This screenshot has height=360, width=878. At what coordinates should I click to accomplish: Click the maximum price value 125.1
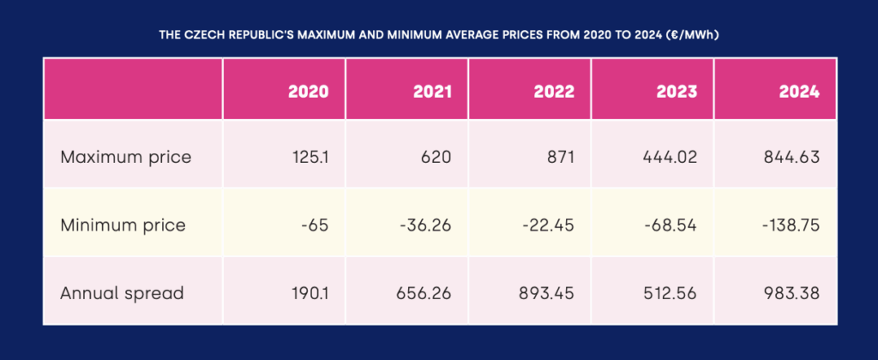(310, 158)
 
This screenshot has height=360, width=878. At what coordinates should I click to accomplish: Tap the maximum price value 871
(560, 158)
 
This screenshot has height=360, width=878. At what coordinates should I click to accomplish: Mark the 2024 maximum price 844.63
(794, 158)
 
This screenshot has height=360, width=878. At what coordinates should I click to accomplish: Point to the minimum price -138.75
(792, 225)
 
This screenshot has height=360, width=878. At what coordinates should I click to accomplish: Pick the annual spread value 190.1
(310, 293)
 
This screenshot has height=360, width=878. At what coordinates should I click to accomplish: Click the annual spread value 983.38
(794, 293)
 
